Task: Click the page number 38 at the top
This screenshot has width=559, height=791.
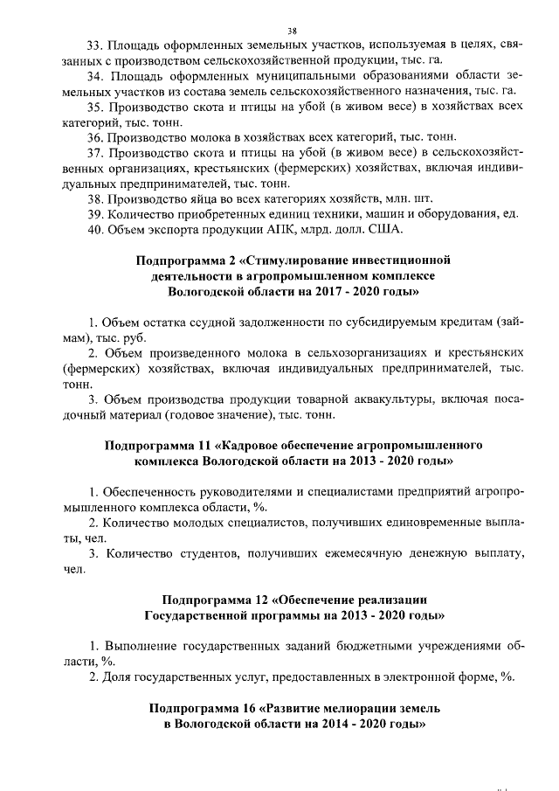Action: pos(279,29)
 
